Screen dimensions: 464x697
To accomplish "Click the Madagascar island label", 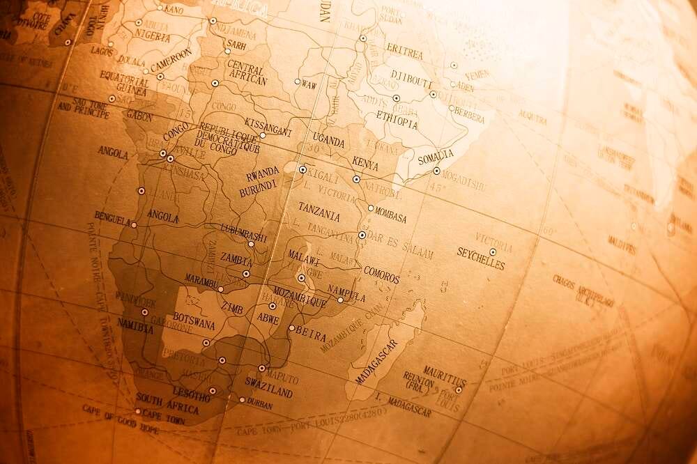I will click(376, 362).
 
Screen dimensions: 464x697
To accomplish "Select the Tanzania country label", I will click(319, 211).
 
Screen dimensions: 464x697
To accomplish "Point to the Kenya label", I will click(365, 164).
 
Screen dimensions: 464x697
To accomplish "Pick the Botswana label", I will click(194, 321).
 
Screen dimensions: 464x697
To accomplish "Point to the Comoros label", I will click(381, 274).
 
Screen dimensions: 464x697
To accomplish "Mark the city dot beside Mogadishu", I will click(436, 171).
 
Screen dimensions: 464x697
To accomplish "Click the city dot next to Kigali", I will click(302, 169).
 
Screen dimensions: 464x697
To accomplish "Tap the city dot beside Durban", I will click(242, 400).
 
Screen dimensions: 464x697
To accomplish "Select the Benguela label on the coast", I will click(113, 217).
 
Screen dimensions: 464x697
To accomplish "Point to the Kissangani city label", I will click(268, 126).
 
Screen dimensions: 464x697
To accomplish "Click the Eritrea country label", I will click(405, 53).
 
